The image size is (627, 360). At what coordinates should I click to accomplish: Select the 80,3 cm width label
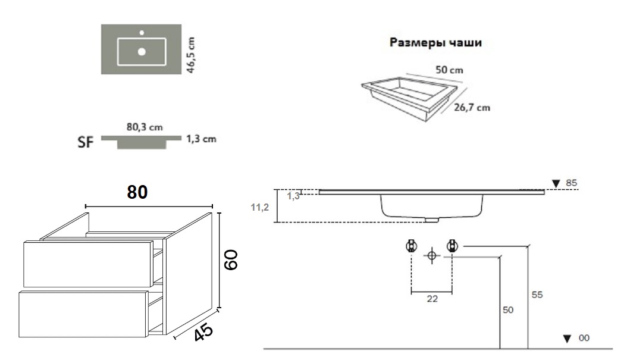click(145, 127)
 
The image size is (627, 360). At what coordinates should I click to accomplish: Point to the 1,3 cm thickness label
click(201, 139)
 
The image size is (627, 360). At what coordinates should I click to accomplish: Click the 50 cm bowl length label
click(449, 70)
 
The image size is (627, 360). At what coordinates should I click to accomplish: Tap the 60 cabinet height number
click(231, 260)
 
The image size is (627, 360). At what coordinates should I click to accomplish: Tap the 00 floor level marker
click(577, 338)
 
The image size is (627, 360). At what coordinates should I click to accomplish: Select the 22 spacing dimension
click(432, 299)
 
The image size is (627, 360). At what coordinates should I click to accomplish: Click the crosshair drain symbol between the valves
click(432, 256)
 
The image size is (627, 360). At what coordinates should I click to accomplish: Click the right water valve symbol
click(452, 245)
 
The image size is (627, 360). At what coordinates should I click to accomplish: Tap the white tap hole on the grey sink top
click(142, 32)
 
